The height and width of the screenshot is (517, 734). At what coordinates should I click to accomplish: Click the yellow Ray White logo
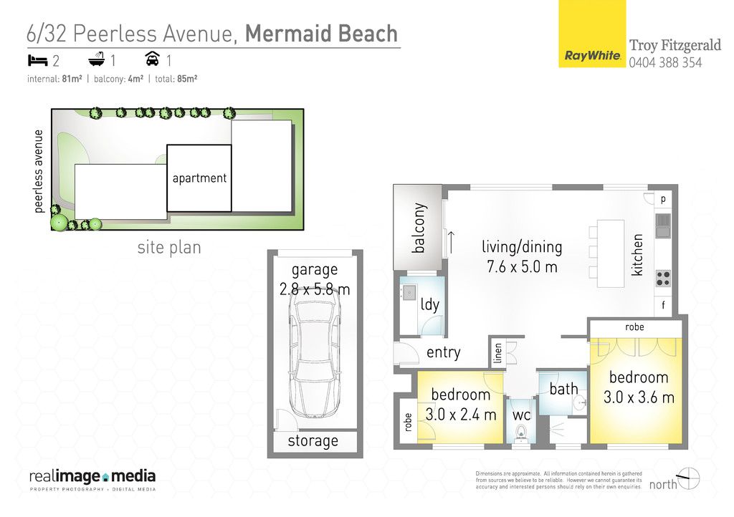(592, 34)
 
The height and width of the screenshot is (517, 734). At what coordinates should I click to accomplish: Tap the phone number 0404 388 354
(665, 62)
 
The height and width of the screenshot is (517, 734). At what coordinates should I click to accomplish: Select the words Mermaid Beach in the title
(321, 34)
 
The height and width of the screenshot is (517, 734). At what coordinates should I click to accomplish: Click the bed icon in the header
(38, 60)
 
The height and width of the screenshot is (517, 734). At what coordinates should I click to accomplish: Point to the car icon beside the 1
(152, 59)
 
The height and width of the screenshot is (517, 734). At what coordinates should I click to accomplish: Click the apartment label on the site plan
(199, 178)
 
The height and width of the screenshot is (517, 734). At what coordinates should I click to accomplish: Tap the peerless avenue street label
(39, 172)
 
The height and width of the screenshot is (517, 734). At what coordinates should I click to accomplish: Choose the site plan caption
(169, 247)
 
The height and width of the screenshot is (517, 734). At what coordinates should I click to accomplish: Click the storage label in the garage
(313, 441)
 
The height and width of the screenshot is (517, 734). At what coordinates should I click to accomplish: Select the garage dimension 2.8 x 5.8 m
(315, 289)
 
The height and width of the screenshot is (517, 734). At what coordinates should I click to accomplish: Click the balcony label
(419, 228)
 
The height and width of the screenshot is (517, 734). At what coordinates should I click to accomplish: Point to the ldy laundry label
(430, 305)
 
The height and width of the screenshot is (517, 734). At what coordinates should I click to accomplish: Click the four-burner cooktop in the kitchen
(663, 278)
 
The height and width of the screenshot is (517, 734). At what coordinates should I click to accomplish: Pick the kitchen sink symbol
(663, 226)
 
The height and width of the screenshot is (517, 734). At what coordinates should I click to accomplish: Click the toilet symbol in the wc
(521, 434)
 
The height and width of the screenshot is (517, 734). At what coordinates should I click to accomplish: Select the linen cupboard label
(497, 353)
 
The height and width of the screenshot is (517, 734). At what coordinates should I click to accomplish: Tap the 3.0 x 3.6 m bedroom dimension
(639, 397)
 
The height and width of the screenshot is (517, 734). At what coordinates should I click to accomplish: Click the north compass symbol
(689, 478)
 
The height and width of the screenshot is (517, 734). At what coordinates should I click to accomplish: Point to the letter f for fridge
(663, 306)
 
